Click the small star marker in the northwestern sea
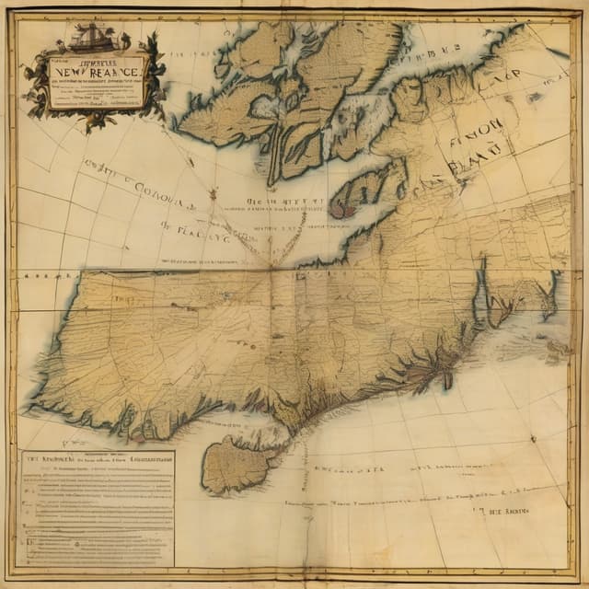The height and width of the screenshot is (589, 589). click(213, 194)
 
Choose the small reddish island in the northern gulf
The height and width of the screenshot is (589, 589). click(337, 209)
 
